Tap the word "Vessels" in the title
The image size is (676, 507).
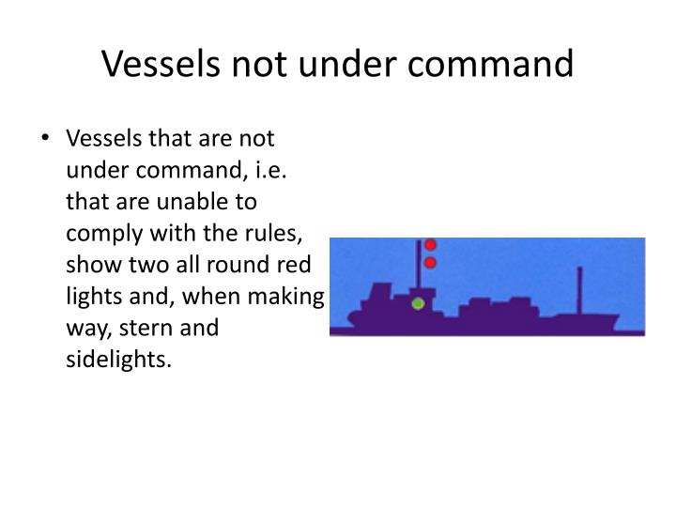tap(159, 63)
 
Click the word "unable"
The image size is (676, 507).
tap(209, 202)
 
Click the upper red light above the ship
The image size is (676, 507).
tap(431, 245)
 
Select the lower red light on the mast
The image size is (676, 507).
tap(431, 263)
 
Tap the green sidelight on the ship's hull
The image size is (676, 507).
tap(418, 303)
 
